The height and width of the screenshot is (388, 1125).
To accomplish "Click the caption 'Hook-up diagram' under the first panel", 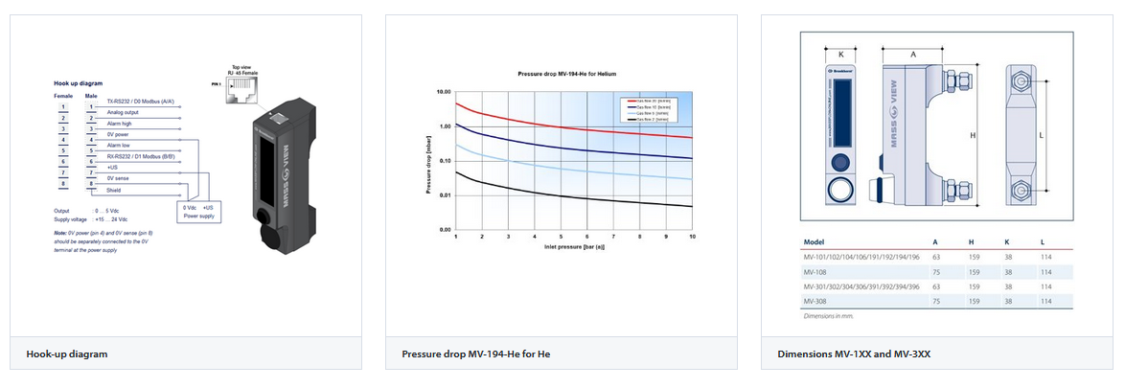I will pyautogui.click(x=66, y=354).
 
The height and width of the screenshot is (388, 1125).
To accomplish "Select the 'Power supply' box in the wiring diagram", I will pyautogui.click(x=199, y=212).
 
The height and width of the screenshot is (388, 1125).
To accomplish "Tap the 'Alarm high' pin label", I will pyautogui.click(x=120, y=124).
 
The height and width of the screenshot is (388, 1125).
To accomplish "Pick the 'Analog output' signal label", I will pyautogui.click(x=124, y=112).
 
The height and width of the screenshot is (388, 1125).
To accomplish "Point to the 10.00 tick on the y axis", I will pyautogui.click(x=442, y=92).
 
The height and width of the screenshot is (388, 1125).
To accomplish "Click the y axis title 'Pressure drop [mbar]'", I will pyautogui.click(x=427, y=162).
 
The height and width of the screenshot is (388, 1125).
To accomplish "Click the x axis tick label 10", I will pyautogui.click(x=692, y=236).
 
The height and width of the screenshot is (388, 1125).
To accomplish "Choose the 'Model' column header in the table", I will pyautogui.click(x=814, y=242).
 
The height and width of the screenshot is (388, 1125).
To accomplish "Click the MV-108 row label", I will pyautogui.click(x=815, y=272).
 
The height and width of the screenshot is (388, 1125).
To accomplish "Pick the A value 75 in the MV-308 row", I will pyautogui.click(x=935, y=301).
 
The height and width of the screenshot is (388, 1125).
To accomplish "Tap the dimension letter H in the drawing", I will pyautogui.click(x=972, y=136).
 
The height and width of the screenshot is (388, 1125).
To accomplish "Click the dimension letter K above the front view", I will pyautogui.click(x=839, y=55).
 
